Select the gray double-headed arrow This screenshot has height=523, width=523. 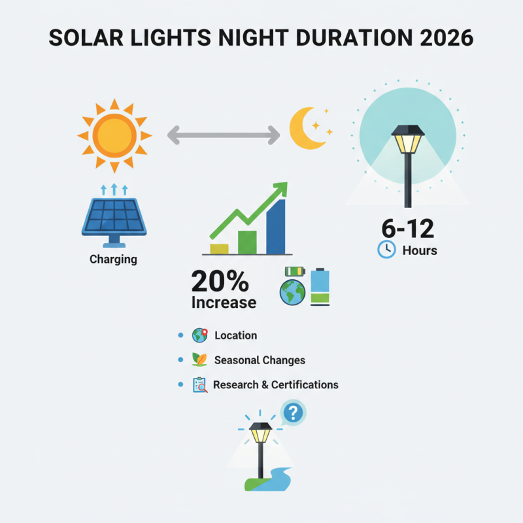point(223,136)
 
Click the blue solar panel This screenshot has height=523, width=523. point(114,217)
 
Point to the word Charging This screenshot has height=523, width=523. point(113,259)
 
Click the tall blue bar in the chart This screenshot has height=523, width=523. point(276,227)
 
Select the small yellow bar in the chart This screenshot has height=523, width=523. point(219,248)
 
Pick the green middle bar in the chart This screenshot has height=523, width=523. point(247,242)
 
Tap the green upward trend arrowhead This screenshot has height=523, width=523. point(280,189)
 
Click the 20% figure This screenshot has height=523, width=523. point(220,282)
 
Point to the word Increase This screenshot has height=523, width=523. point(224,303)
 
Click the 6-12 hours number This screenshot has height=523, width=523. point(408,228)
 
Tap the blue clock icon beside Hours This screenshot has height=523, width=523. point(386,250)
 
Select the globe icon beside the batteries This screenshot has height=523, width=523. point(292,293)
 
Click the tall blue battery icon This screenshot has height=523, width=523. point(320,287)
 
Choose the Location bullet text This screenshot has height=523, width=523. point(235,335)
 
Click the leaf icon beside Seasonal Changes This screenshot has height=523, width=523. point(199,360)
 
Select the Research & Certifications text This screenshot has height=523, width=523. point(275,384)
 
